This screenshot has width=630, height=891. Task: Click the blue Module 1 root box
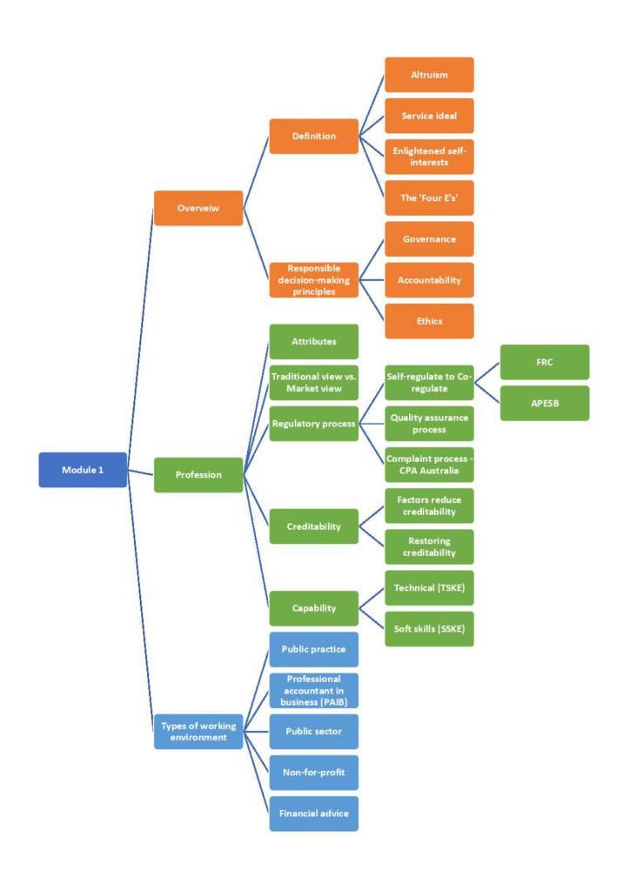pyautogui.click(x=83, y=470)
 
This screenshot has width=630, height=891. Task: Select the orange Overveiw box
pyautogui.click(x=198, y=209)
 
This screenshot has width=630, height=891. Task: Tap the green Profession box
pyautogui.click(x=198, y=475)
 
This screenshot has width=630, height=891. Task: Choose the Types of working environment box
pyautogui.click(x=198, y=732)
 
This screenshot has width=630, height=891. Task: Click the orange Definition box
pyautogui.click(x=313, y=137)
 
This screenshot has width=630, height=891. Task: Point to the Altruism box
pyautogui.click(x=429, y=75)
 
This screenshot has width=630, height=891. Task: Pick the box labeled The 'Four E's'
pyautogui.click(x=429, y=198)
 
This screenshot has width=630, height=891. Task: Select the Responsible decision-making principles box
pyautogui.click(x=313, y=280)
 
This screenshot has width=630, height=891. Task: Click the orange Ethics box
pyautogui.click(x=429, y=321)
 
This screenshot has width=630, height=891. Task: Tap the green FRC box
pyautogui.click(x=545, y=362)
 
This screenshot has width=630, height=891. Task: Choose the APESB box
pyautogui.click(x=545, y=403)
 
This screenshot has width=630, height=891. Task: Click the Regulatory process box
pyautogui.click(x=313, y=424)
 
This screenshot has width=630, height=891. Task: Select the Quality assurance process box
pyautogui.click(x=429, y=424)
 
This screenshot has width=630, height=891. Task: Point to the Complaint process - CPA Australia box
pyautogui.click(x=429, y=465)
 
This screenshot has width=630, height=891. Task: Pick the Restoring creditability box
pyautogui.click(x=429, y=546)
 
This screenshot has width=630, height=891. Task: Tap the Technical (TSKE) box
pyautogui.click(x=429, y=588)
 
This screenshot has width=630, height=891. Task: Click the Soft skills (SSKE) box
pyautogui.click(x=429, y=629)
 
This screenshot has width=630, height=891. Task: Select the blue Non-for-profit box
pyautogui.click(x=313, y=773)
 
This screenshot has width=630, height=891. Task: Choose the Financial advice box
pyautogui.click(x=313, y=814)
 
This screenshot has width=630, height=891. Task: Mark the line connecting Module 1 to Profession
pyautogui.click(x=141, y=473)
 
